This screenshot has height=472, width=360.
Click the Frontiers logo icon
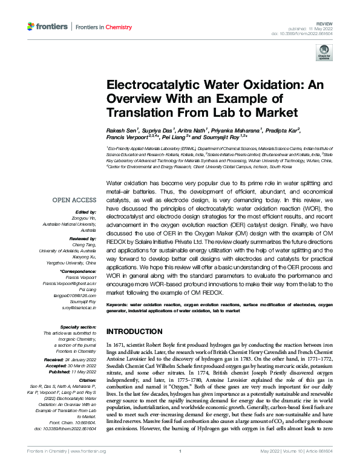click(x=31, y=27)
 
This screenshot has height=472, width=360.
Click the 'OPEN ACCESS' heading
click(x=74, y=200)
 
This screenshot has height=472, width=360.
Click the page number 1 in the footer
click(x=180, y=467)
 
